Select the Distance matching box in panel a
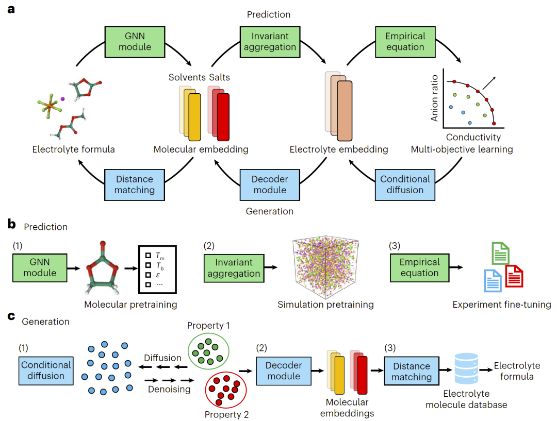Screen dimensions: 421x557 tap(134, 184)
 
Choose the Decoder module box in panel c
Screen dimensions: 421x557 tap(283, 371)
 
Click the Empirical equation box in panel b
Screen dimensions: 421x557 tap(419, 267)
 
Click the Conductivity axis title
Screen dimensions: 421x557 tap(473, 138)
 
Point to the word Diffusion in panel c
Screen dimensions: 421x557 tap(162, 358)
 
